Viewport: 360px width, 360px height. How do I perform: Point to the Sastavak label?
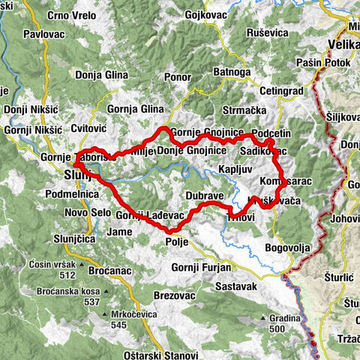tap(235, 286)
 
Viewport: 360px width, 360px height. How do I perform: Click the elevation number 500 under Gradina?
tap(277, 328)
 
